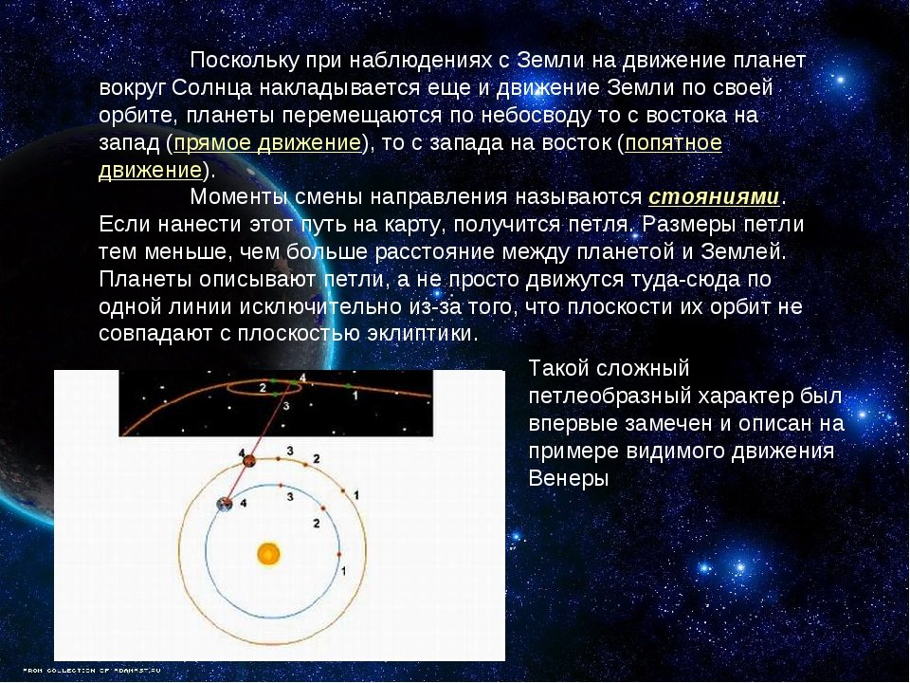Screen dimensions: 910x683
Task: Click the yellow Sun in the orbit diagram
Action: pos(268,553)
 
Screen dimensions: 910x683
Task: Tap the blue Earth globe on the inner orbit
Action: pos(224,504)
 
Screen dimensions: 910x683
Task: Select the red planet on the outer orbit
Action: pos(249,461)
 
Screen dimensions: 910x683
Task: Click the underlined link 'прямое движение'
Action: pos(267,143)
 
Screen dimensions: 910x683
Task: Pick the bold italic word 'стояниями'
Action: pos(714,197)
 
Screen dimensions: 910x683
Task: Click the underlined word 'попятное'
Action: pos(673,143)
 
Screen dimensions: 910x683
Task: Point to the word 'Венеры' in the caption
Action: pos(568,478)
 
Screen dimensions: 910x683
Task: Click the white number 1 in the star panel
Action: pos(355,395)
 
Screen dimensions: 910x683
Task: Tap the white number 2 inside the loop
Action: pos(263,388)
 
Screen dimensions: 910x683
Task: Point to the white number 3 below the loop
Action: pos(285,406)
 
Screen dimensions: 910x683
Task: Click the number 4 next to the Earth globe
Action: pos(244,503)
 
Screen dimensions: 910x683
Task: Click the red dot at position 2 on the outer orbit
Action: pos(305,464)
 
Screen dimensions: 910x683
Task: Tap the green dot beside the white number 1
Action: pos(347,386)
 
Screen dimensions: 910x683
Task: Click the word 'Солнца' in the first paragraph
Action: pos(212,87)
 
